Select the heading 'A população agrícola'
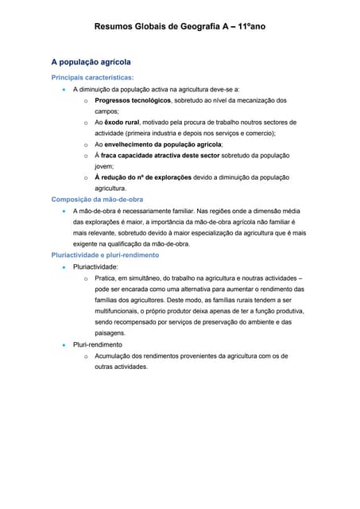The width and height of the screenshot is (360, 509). pos(91,61)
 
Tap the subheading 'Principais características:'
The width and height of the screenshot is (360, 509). pos(92,77)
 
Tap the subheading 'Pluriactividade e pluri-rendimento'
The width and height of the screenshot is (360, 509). pos(105,255)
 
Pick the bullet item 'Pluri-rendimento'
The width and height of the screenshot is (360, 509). pos(98,345)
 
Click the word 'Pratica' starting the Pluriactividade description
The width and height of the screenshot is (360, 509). pos(106,278)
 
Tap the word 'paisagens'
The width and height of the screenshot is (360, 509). pos(111,334)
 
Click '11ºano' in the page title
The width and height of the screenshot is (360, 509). pos(250,27)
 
